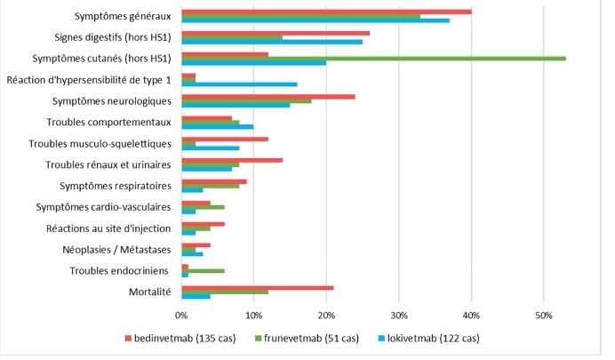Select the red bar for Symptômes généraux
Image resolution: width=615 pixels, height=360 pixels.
[326, 12]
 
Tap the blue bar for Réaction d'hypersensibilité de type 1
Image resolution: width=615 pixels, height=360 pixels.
[239, 84]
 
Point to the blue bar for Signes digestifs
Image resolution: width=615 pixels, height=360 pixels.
[272, 42]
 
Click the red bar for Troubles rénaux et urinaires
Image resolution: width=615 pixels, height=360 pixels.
[232, 160]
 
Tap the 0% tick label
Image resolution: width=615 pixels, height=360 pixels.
[181, 315]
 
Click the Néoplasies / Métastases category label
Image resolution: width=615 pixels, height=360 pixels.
[116, 250]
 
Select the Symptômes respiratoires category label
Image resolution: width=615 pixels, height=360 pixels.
[115, 186]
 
